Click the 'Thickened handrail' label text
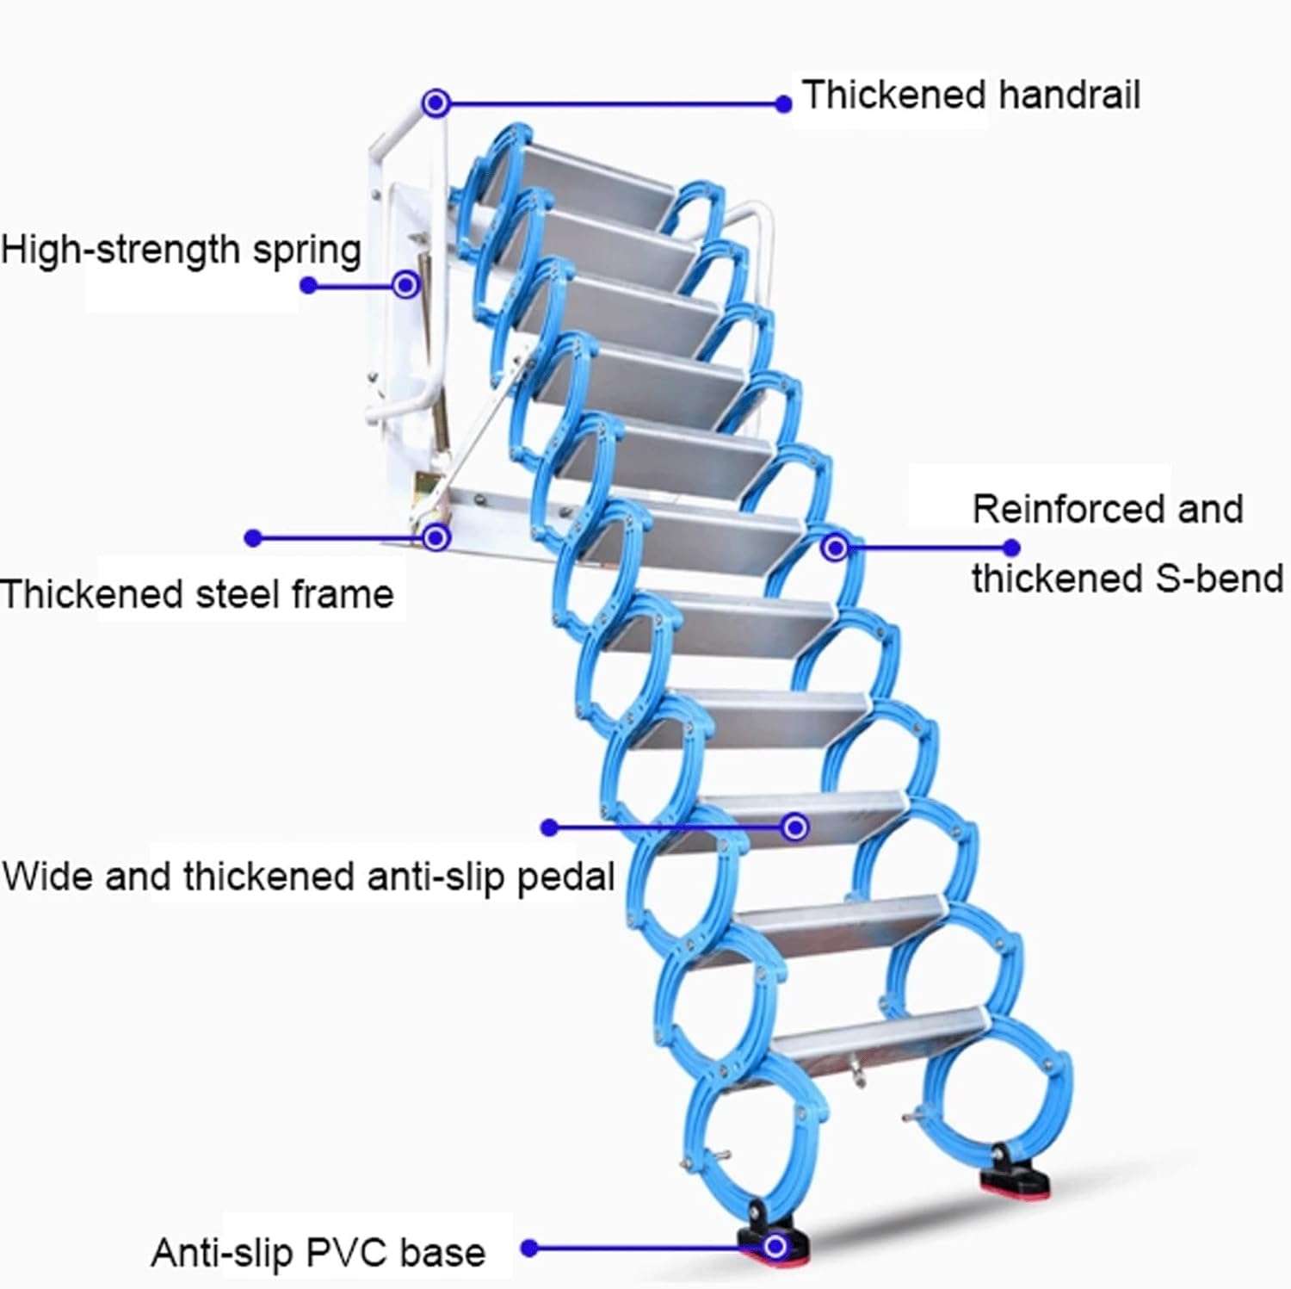coord(970,95)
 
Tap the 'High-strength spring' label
coord(181,250)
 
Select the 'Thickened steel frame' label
coord(197,594)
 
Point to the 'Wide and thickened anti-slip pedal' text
coord(308,877)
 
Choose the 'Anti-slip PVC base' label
coord(318,1253)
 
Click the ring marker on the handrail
coord(436,103)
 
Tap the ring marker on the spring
coord(406,284)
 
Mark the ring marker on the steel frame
coord(436,538)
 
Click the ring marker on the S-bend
coord(834,547)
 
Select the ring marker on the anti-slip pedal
coord(795,827)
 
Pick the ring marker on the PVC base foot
coord(775,1246)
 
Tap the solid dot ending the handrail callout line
coord(783,104)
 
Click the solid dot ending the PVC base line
coord(530,1248)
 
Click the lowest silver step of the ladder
coord(878,1033)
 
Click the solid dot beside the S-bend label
coord(1012,548)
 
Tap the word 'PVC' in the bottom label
coord(348,1253)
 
